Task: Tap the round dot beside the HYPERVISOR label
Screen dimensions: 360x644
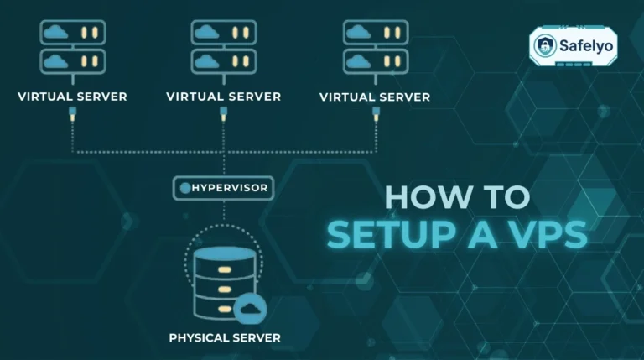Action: [184, 188]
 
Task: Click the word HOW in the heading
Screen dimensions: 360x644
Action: [421, 197]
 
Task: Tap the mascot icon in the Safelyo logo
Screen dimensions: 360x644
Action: [545, 46]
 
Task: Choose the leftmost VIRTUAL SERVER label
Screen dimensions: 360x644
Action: [72, 97]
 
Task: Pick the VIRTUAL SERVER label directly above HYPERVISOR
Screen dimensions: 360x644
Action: [223, 97]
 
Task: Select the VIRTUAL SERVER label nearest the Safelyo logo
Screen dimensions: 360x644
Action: [375, 97]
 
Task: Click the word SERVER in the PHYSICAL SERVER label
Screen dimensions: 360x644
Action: [256, 338]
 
